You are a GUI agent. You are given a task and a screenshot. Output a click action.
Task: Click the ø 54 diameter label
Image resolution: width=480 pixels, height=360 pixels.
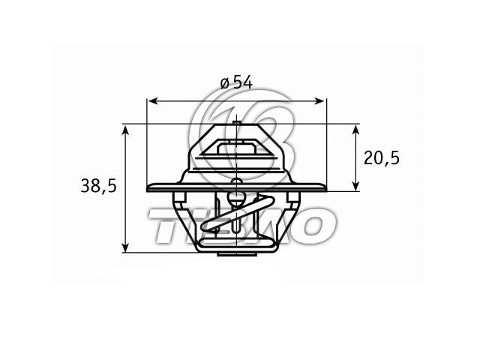click(x=236, y=82)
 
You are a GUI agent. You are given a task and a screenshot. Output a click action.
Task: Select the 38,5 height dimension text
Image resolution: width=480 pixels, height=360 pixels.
click(x=98, y=186)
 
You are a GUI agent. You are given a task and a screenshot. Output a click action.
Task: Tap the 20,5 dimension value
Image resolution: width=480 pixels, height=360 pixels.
click(x=382, y=158)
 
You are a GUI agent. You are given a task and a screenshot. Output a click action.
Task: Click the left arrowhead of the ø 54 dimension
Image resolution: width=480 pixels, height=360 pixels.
click(x=152, y=101)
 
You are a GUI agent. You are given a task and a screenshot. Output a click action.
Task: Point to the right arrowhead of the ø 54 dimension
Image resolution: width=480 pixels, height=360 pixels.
click(x=319, y=101)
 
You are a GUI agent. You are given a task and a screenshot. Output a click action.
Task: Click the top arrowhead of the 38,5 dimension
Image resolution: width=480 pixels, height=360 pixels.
click(x=124, y=130)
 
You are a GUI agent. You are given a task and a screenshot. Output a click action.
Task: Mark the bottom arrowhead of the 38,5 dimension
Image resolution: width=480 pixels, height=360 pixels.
click(x=124, y=247)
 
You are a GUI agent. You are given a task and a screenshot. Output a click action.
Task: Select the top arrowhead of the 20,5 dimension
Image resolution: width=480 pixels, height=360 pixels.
click(x=355, y=130)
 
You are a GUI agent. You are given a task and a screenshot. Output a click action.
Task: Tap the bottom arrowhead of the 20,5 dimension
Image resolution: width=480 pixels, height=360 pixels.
click(x=355, y=186)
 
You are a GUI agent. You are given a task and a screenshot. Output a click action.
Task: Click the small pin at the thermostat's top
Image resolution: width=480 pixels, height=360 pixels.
click(x=236, y=123)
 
